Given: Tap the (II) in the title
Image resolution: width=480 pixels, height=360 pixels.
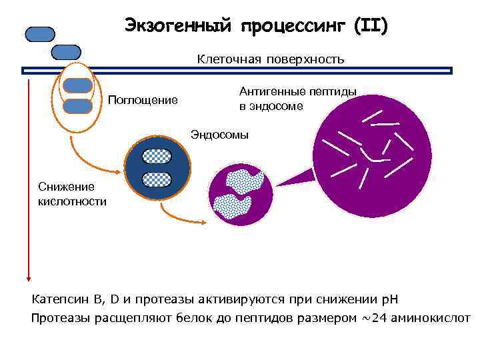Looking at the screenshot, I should click(x=371, y=26).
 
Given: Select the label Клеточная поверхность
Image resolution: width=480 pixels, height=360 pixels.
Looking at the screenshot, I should click(x=270, y=59).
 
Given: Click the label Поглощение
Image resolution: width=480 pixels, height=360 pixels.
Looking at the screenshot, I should click(x=143, y=101).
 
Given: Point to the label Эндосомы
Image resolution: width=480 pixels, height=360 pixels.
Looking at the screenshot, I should click(x=219, y=135).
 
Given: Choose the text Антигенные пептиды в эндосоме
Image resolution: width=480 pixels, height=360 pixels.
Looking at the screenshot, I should click(x=297, y=99).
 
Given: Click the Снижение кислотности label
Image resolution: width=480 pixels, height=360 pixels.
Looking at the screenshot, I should click(x=72, y=194).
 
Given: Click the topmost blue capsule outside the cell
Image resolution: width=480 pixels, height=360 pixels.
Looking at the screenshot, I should click(x=40, y=35).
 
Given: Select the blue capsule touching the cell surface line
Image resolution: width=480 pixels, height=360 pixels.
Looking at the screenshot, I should click(x=66, y=52).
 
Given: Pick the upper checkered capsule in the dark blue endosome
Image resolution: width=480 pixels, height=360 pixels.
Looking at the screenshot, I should click(x=157, y=156).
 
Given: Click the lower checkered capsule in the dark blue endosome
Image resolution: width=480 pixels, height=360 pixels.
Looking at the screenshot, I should click(x=157, y=179).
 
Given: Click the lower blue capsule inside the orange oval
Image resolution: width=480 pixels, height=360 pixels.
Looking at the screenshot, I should click(x=78, y=105).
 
